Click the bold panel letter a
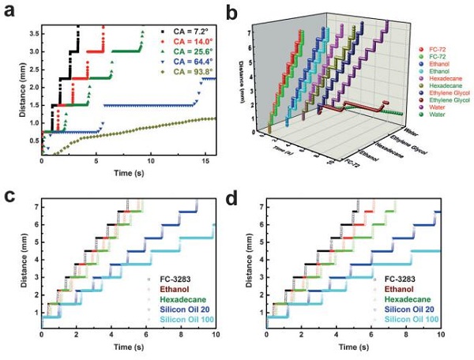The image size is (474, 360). pos(10,10)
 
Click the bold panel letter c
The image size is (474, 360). pos(10,193)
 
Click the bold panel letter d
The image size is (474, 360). pos(251,193)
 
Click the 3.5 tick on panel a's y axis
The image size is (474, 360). pos(32,33)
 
